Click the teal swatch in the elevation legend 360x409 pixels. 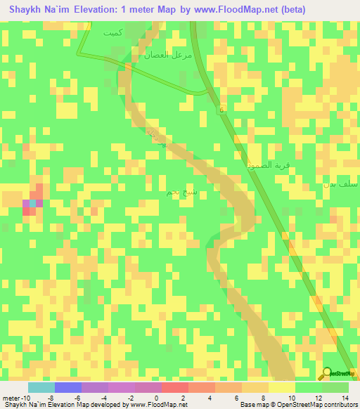(x=41, y=387)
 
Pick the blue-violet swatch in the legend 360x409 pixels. (x=68, y=387)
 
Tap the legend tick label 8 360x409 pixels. (x=264, y=398)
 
